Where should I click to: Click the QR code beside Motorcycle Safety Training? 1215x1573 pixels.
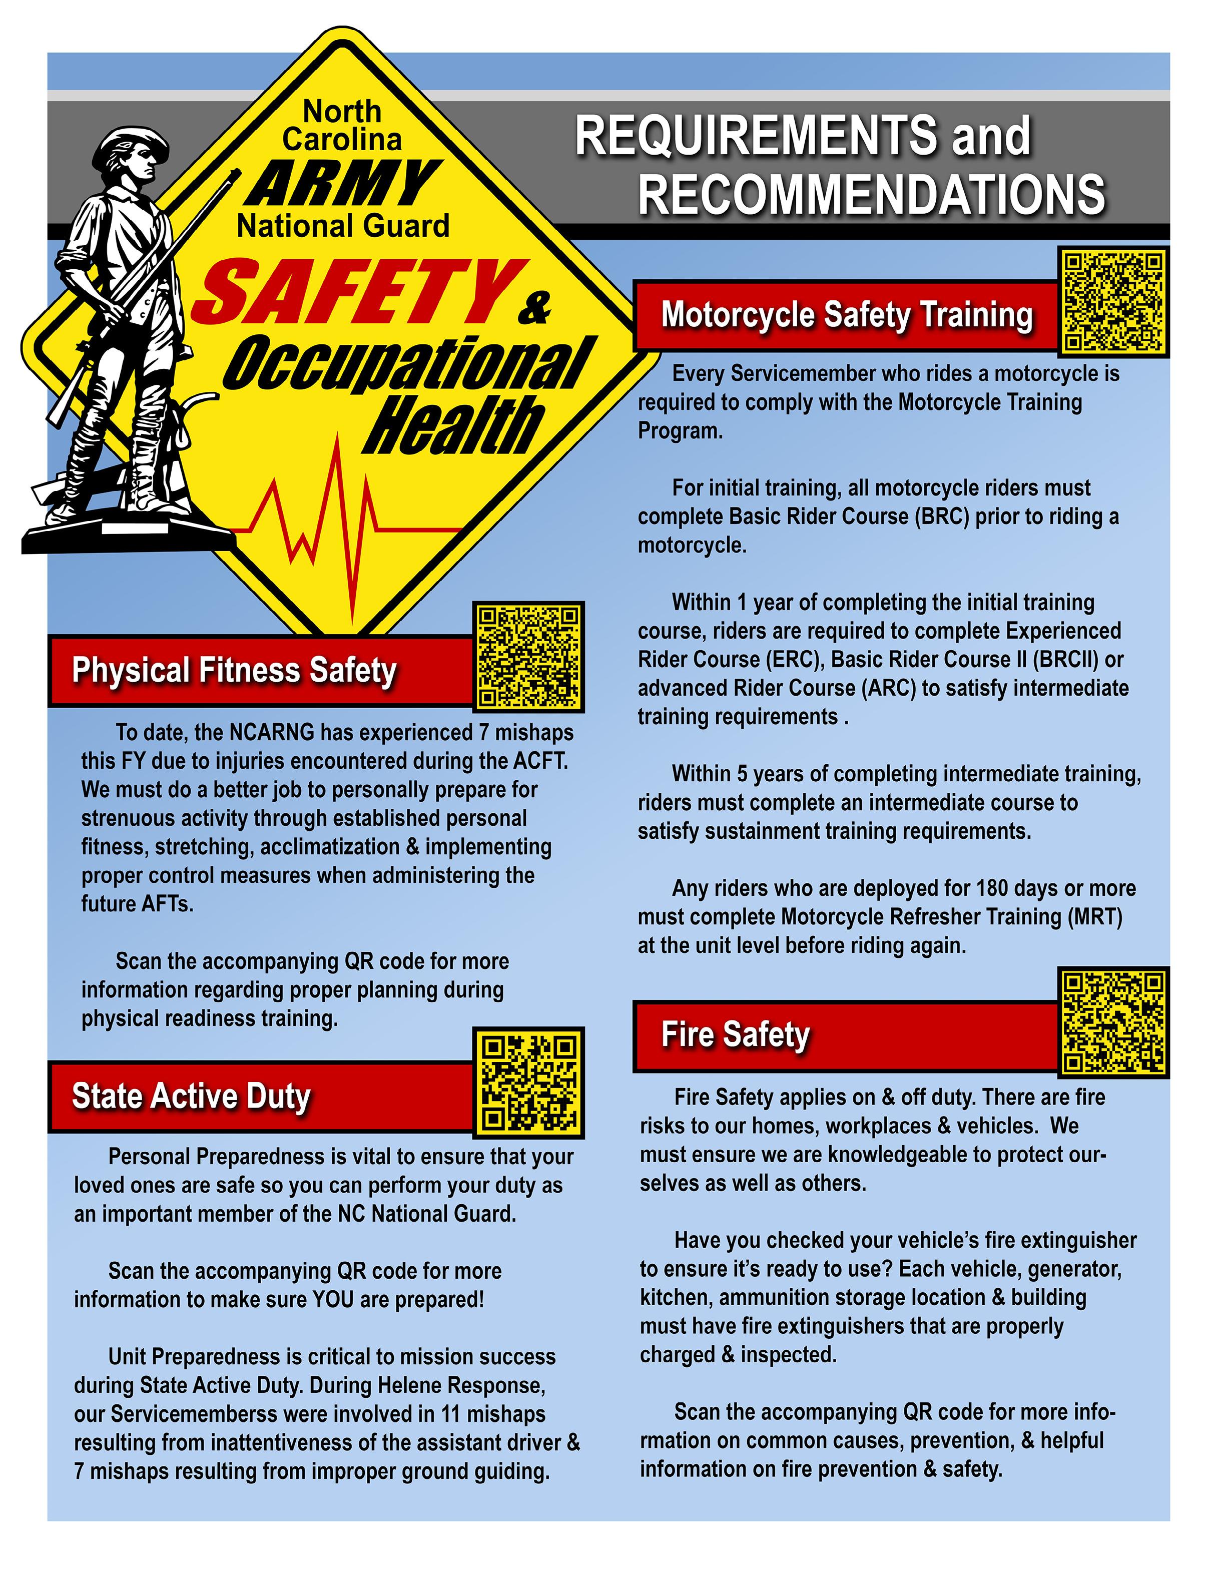pos(1113,301)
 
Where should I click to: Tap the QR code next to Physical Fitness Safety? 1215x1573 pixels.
pos(528,656)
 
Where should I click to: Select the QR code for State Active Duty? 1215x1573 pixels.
pos(528,1082)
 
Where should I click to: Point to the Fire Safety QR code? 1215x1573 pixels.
pos(1113,1022)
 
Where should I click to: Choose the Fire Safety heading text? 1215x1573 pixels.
pos(735,1034)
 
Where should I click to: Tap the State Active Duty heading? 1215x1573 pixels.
pos(191,1096)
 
